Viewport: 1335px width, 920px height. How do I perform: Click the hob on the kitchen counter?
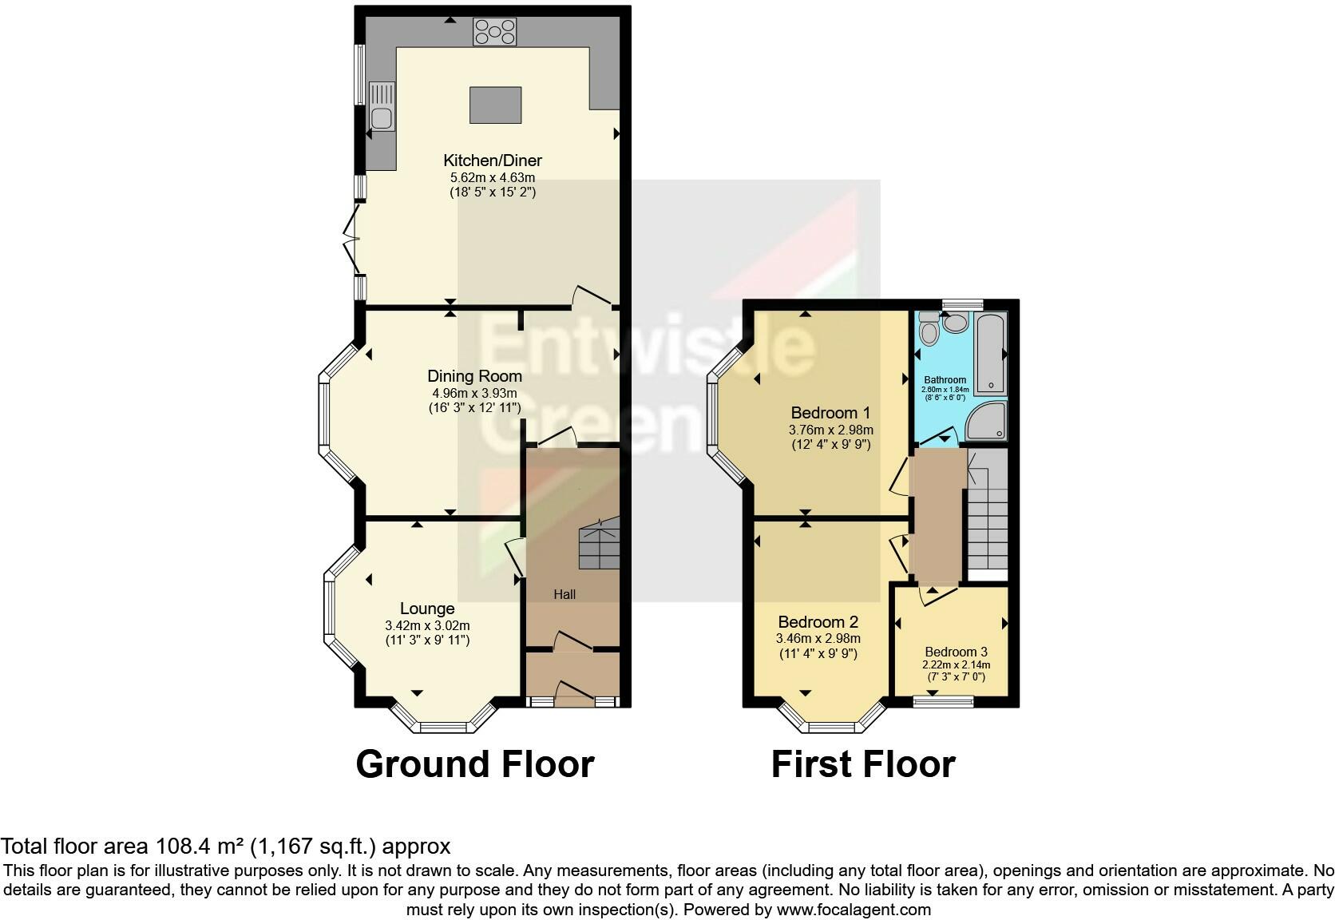click(x=495, y=32)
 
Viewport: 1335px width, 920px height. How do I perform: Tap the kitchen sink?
click(x=382, y=106)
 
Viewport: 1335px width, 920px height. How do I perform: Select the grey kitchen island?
click(x=495, y=105)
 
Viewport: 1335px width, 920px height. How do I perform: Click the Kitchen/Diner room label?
click(x=493, y=161)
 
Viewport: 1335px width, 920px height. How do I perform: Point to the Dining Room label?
click(x=474, y=376)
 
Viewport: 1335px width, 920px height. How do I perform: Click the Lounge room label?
click(x=427, y=609)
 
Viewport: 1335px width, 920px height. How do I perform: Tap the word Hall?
click(x=565, y=594)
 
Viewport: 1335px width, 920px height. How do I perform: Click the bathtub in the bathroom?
click(x=991, y=354)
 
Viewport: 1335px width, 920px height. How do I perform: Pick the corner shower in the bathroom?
click(x=987, y=421)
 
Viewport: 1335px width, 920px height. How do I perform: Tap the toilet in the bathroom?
click(x=929, y=328)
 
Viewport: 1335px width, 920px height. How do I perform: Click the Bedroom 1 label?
click(x=830, y=413)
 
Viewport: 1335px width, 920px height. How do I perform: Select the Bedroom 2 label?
click(x=818, y=622)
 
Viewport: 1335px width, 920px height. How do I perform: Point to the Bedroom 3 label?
click(x=956, y=652)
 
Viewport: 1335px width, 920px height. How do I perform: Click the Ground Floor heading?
click(x=475, y=763)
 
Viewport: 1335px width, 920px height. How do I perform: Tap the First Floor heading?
click(x=864, y=763)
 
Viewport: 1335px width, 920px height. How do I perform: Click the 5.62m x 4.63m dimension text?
click(x=493, y=177)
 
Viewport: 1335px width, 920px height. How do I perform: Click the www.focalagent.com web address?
click(x=854, y=910)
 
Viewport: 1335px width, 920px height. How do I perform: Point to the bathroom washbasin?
click(x=957, y=323)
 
